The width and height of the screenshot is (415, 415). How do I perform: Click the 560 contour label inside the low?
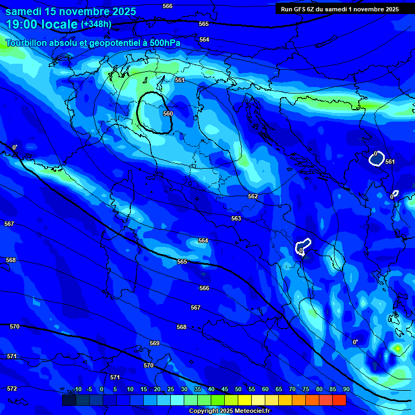point(168,113)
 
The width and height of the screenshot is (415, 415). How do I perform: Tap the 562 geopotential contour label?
point(253,196)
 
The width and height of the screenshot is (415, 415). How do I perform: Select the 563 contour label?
point(236,218)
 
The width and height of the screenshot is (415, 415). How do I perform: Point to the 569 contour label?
point(155,343)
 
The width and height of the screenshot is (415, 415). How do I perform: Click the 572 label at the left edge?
point(12,389)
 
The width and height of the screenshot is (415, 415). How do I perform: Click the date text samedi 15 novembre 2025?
point(71,11)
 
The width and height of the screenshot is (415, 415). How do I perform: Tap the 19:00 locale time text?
point(42,24)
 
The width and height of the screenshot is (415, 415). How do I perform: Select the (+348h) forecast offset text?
point(96,24)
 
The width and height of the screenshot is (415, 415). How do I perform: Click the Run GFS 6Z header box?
point(339,9)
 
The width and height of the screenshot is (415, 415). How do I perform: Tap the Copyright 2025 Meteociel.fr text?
point(237,411)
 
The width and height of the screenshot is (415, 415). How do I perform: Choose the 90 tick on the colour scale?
point(346,389)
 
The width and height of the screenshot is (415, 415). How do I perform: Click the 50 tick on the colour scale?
point(238,389)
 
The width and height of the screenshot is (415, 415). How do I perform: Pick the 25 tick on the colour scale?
point(171,389)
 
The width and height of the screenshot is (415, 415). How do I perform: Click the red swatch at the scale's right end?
point(339,400)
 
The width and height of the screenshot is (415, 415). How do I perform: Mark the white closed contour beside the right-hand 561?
point(377,158)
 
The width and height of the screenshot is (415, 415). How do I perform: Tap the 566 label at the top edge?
point(168,6)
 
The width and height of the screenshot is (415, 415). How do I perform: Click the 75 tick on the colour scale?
point(306,389)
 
